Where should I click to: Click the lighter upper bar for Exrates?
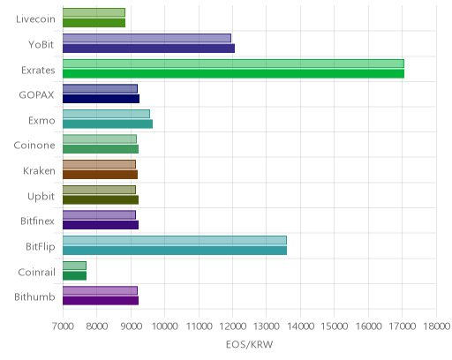pyautogui.click(x=233, y=64)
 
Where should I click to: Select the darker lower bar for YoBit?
pyautogui.click(x=148, y=49)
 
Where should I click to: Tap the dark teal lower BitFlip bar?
pyautogui.click(x=175, y=251)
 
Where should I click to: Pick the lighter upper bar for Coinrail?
pyautogui.click(x=74, y=266)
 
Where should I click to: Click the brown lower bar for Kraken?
pyautogui.click(x=100, y=175)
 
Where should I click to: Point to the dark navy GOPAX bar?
pyautogui.click(x=101, y=99)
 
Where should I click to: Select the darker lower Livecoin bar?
pyautogui.click(x=94, y=23)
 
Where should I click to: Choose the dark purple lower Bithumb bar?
pyautogui.click(x=101, y=301)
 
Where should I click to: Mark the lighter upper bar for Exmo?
pyautogui.click(x=106, y=114)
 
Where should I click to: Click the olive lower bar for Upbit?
pyautogui.click(x=101, y=200)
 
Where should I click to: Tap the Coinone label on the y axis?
pyautogui.click(x=34, y=146)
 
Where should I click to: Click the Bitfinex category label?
pyautogui.click(x=37, y=221)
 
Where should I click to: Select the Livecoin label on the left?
pyautogui.click(x=35, y=19)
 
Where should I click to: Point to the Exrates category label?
pyautogui.click(x=38, y=71)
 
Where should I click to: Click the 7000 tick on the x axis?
pyautogui.click(x=63, y=326)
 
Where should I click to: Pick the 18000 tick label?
pyautogui.click(x=437, y=326)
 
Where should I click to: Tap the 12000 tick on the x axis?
pyautogui.click(x=233, y=326)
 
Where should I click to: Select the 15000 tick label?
pyautogui.click(x=335, y=326)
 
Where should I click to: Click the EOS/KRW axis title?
pyautogui.click(x=250, y=344)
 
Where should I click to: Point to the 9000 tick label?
pyautogui.click(x=131, y=326)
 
